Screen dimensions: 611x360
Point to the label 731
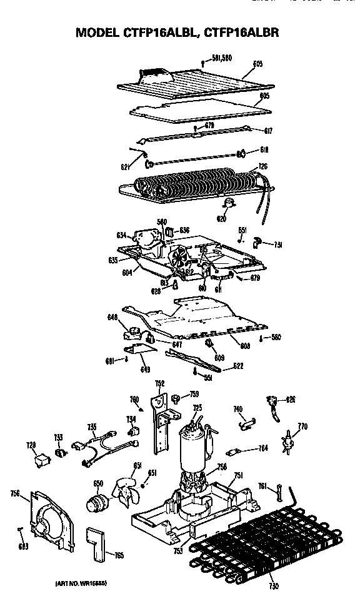pyautogui.click(x=277, y=245)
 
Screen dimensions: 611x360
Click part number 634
pyautogui.click(x=121, y=235)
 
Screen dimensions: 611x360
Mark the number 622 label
pyautogui.click(x=238, y=366)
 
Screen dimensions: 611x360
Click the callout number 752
pyautogui.click(x=159, y=383)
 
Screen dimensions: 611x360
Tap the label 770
pyautogui.click(x=302, y=427)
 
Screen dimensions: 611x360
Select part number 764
pyautogui.click(x=263, y=448)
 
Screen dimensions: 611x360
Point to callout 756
pyautogui.click(x=14, y=494)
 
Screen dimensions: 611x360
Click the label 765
pyautogui.click(x=119, y=555)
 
